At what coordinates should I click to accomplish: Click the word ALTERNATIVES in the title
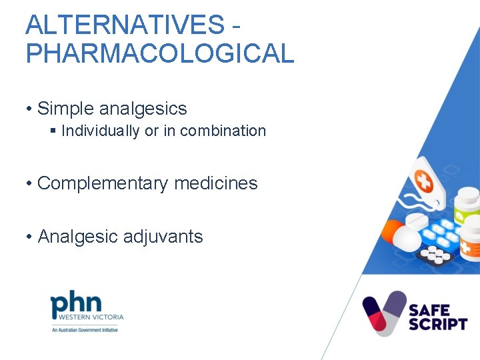point(125,25)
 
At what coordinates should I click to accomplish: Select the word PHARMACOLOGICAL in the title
point(159,53)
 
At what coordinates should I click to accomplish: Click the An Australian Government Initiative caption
point(85,329)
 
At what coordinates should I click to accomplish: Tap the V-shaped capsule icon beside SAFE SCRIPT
point(384,313)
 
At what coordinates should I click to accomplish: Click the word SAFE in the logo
point(431,309)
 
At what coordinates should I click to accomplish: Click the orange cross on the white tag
point(424,179)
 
